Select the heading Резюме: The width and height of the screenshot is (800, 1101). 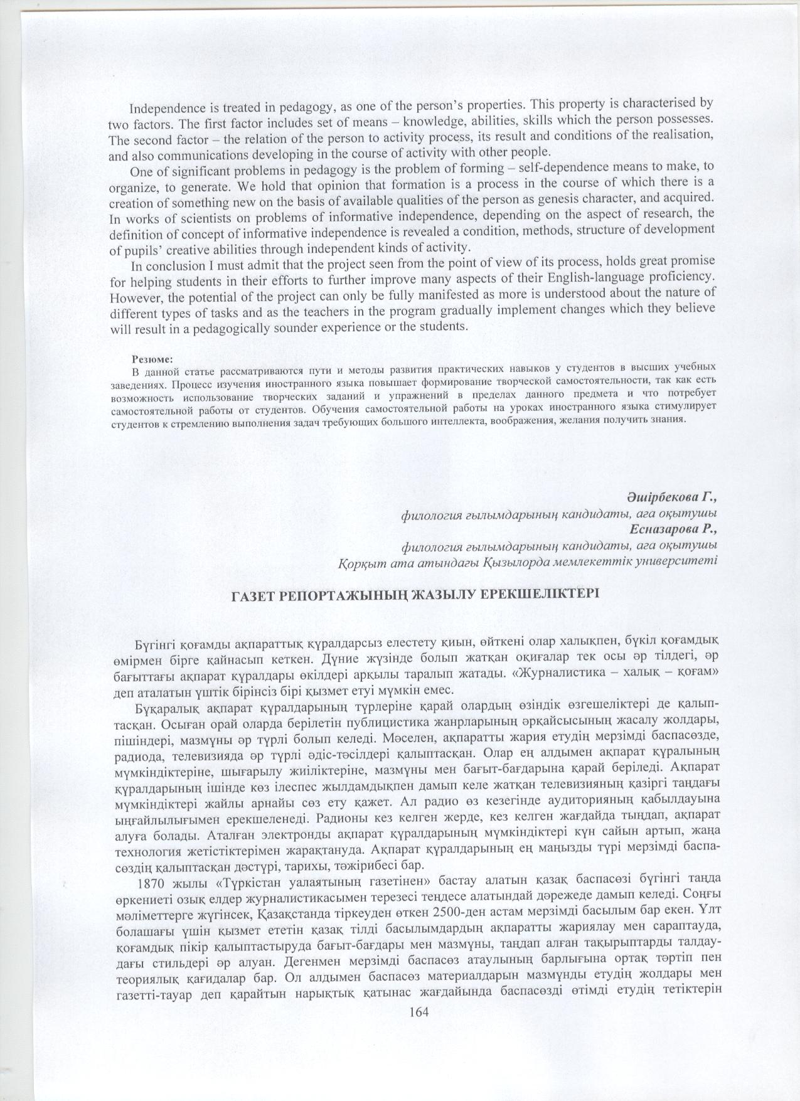click(x=149, y=359)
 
